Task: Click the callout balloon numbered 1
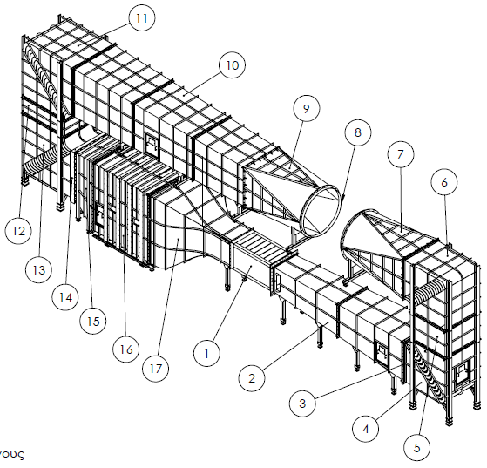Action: (206, 355)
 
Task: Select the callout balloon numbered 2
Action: (251, 377)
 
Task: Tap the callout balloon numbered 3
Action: (301, 403)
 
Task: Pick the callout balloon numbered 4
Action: (366, 428)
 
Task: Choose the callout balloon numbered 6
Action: (444, 182)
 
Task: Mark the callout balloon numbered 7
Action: (400, 153)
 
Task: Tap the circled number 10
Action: (231, 64)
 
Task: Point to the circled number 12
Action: (17, 232)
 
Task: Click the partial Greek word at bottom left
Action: (12, 455)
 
